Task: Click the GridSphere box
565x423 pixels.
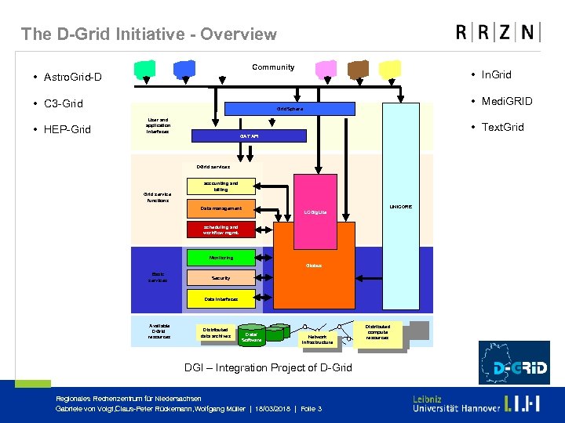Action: (290, 108)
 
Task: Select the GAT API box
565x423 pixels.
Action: (249, 136)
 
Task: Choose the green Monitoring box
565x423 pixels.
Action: (221, 257)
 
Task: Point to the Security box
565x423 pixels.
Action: (221, 278)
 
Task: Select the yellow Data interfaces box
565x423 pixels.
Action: (221, 299)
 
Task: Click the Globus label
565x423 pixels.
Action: (314, 266)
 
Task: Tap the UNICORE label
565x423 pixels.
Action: (400, 207)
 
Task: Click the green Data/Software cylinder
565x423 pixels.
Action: (252, 336)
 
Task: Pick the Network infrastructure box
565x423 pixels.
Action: (317, 338)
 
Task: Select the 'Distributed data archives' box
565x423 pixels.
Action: (216, 333)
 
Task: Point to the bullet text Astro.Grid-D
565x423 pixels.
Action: (72, 78)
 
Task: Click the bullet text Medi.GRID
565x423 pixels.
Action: (506, 101)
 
